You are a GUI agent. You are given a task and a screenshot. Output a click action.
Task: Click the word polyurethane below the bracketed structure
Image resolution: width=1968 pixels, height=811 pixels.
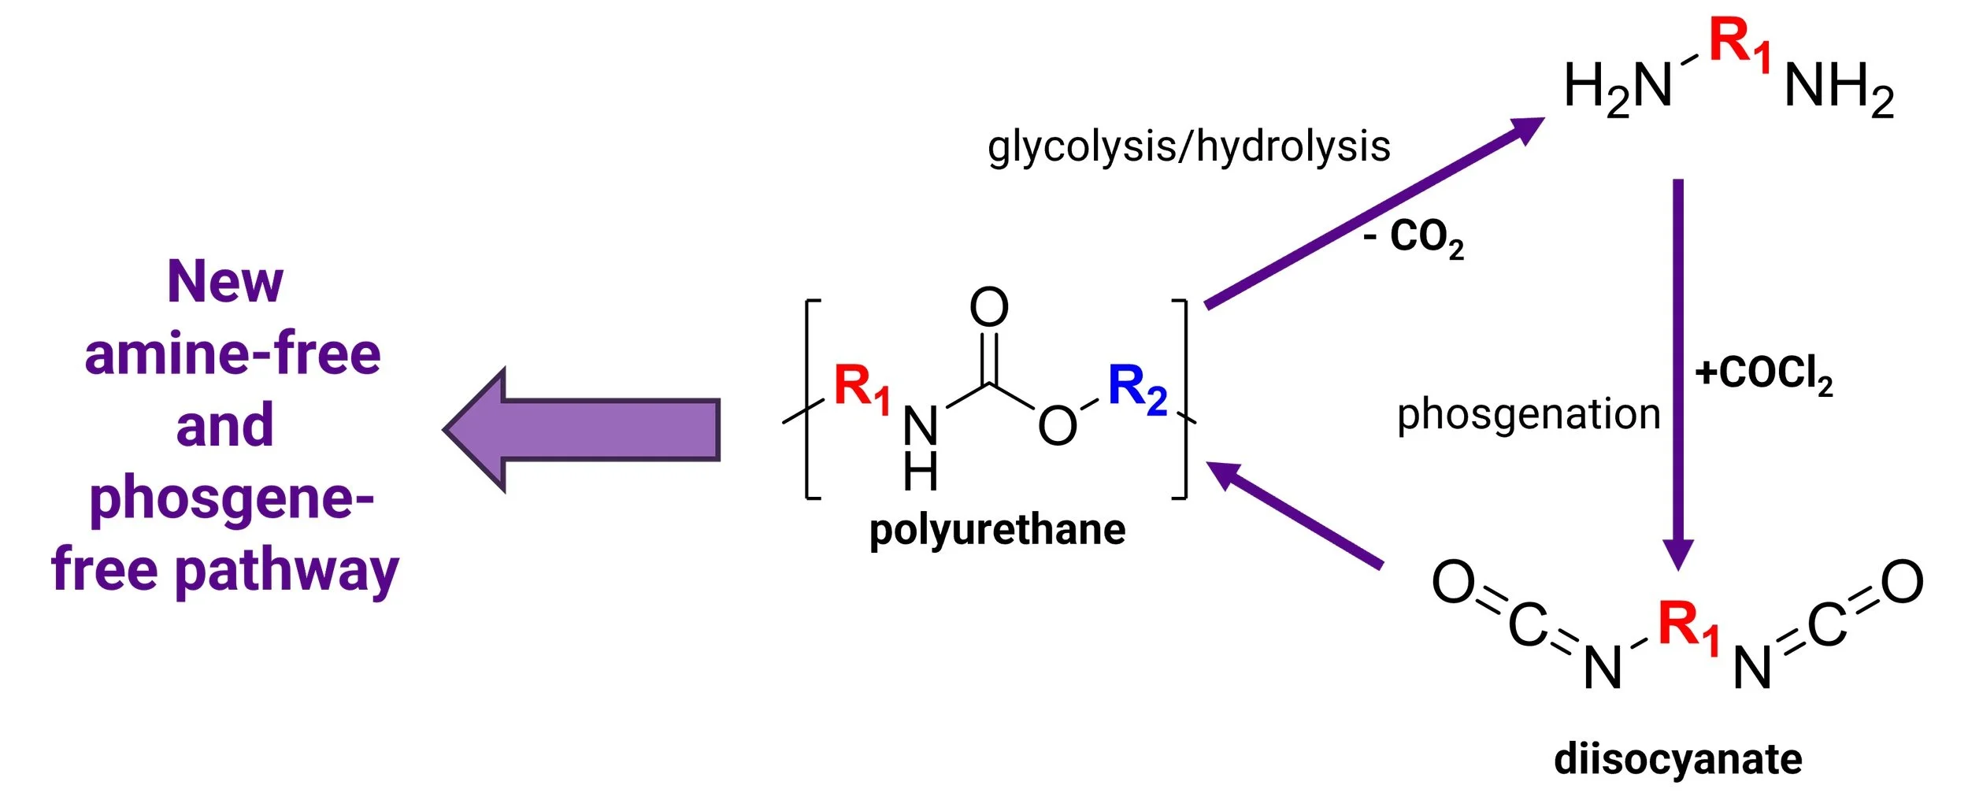tap(997, 530)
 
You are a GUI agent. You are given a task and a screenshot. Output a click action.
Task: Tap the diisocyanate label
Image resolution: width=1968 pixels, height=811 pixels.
tap(1678, 759)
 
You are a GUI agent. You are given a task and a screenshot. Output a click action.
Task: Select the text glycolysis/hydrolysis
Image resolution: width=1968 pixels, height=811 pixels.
tap(1189, 147)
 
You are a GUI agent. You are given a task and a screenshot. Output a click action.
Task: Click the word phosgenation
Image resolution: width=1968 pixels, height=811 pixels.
tap(1529, 414)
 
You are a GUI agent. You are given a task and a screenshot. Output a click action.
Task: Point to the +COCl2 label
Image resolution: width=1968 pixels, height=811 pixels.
tap(1763, 373)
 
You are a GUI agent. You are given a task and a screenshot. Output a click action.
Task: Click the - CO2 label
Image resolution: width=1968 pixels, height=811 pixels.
tap(1414, 236)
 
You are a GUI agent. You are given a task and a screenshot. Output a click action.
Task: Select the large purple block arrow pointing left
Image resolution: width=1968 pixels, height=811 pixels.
tap(583, 430)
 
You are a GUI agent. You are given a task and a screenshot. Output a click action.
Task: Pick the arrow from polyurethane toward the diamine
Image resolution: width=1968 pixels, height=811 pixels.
tap(1370, 213)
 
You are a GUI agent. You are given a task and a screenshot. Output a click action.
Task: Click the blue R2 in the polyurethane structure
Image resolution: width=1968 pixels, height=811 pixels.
tap(1137, 388)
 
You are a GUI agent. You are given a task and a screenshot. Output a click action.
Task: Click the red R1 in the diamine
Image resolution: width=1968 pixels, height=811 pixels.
tap(1740, 43)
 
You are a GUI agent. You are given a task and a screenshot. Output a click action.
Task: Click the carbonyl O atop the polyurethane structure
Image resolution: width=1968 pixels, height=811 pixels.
tap(989, 307)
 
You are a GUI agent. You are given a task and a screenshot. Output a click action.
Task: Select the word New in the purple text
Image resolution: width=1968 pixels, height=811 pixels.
tap(225, 282)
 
